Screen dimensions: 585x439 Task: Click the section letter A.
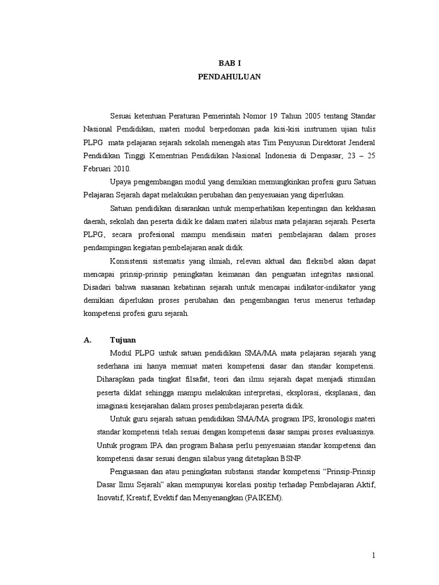(x=87, y=340)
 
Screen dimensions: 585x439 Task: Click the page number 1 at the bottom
(x=373, y=555)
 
